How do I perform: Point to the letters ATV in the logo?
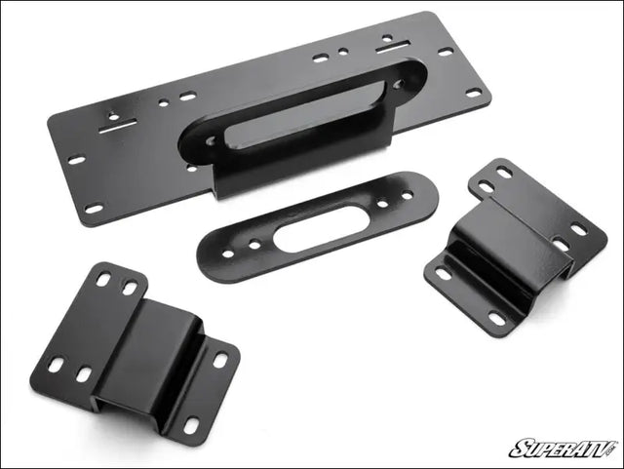(x=594, y=449)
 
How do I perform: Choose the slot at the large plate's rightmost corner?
(x=474, y=93)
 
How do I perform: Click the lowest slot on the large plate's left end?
(x=95, y=208)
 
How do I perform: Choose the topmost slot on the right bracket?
(x=504, y=173)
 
